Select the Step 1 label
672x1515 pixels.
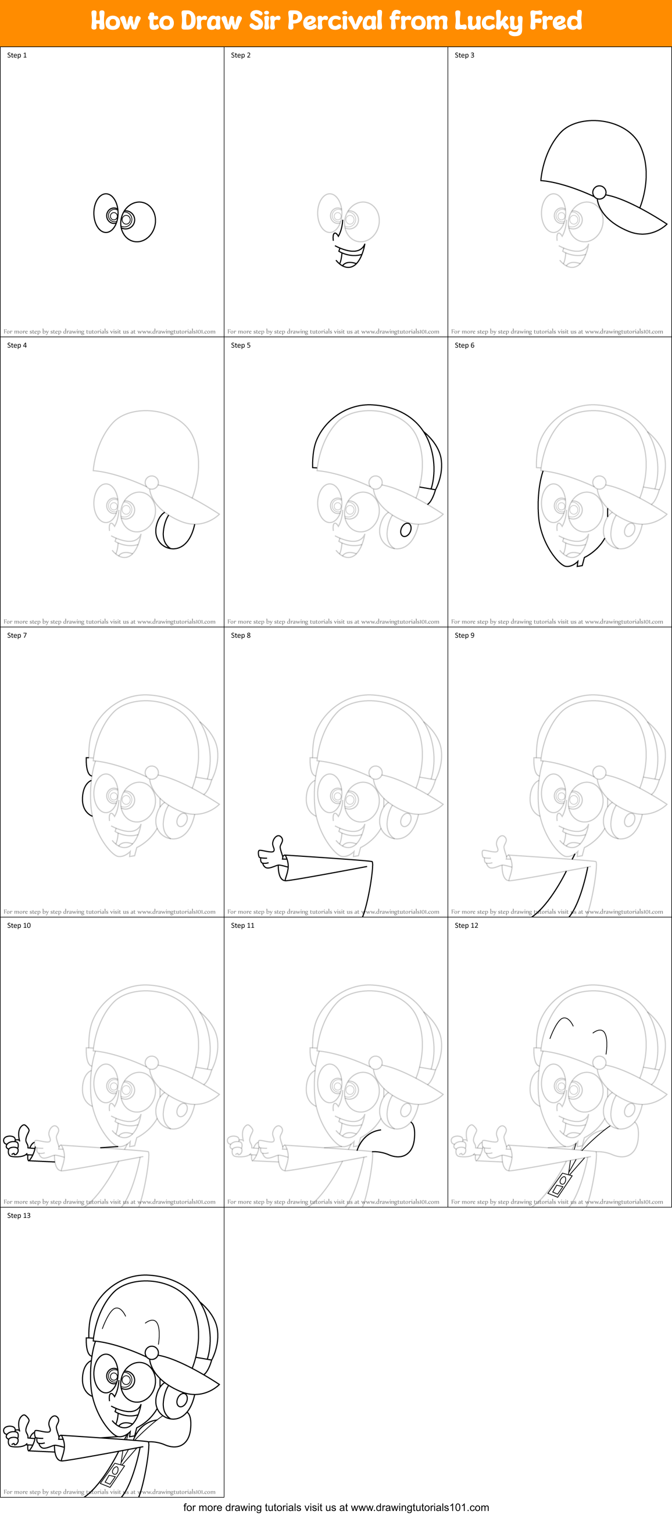tap(17, 55)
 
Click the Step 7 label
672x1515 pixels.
tap(17, 635)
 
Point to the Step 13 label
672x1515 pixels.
tap(19, 1215)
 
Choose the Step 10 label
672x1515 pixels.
tap(19, 925)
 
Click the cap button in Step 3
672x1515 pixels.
tap(599, 192)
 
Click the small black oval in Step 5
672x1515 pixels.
tap(405, 530)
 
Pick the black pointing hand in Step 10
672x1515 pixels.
tap(17, 1142)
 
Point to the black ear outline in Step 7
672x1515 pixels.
tap(87, 797)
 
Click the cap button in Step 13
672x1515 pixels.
tap(152, 1352)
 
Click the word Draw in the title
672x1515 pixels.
tap(211, 21)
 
